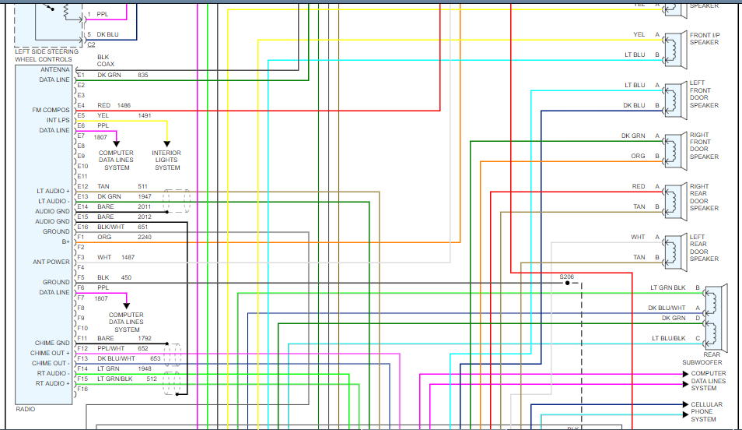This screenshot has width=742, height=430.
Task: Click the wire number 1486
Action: (124, 105)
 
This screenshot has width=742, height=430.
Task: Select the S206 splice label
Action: (566, 277)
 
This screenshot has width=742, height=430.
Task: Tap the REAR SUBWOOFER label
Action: (703, 358)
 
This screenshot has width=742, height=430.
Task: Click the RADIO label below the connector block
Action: (26, 409)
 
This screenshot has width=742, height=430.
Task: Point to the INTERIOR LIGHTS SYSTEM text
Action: (166, 160)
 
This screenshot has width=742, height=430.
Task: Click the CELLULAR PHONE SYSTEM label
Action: (706, 412)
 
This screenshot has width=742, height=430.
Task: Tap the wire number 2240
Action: (145, 237)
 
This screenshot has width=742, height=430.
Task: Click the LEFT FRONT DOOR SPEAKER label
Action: (704, 94)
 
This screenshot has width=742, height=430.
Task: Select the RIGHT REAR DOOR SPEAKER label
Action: (704, 198)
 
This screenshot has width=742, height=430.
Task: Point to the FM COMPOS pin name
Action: (51, 110)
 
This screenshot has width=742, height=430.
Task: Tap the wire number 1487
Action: (128, 257)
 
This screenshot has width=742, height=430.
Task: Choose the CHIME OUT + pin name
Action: (51, 353)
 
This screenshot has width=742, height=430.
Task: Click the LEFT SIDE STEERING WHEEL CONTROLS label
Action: (51, 55)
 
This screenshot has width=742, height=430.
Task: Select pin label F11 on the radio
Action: (82, 338)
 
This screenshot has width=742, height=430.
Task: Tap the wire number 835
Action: (142, 75)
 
